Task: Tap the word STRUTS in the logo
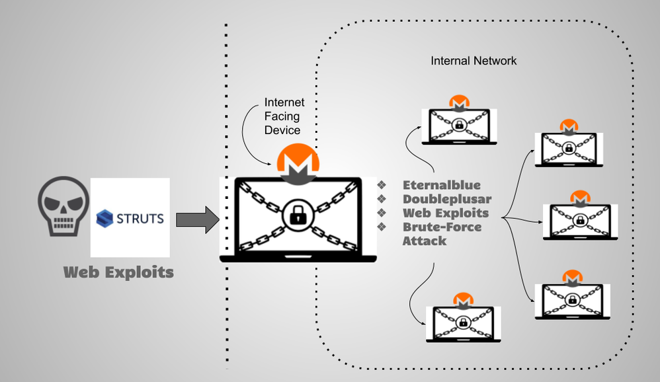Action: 140,218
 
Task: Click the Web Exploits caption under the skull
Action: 118,272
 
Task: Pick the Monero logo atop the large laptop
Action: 298,162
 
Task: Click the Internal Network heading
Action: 474,61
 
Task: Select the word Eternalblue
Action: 442,185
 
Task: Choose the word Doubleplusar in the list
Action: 447,199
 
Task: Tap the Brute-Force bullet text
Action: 442,227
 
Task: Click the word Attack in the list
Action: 425,241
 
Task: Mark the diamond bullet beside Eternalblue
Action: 381,185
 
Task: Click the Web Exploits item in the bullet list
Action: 446,213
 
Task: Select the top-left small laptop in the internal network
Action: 458,125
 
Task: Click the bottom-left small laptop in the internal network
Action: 462,321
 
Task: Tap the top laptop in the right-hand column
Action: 568,149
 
